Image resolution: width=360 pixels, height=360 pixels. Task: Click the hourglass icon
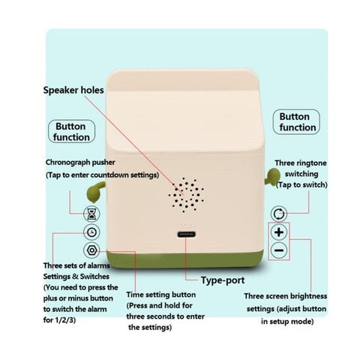point(91,214)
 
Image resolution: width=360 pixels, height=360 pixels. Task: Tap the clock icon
point(91,232)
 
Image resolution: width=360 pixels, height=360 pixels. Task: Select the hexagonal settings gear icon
point(91,250)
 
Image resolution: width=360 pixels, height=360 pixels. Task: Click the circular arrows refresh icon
point(279,214)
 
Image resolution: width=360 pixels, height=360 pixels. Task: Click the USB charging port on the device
point(187,235)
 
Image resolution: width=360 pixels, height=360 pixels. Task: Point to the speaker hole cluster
point(186,195)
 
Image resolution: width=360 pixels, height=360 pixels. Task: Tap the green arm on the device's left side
point(95,192)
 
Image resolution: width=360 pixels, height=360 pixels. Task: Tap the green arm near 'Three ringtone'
point(271,176)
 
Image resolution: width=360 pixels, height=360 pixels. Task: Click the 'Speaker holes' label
point(73,90)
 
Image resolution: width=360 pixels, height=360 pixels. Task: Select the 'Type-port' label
point(223,280)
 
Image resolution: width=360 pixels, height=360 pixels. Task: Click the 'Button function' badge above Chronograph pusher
point(71,131)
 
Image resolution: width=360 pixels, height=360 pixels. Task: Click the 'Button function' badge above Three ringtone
point(296,121)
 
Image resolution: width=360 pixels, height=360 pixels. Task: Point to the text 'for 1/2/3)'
point(59,320)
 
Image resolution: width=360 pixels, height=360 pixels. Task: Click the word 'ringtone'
point(313,163)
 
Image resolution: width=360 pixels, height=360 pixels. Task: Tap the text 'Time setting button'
point(161,295)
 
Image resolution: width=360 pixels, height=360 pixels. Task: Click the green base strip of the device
point(185,259)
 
